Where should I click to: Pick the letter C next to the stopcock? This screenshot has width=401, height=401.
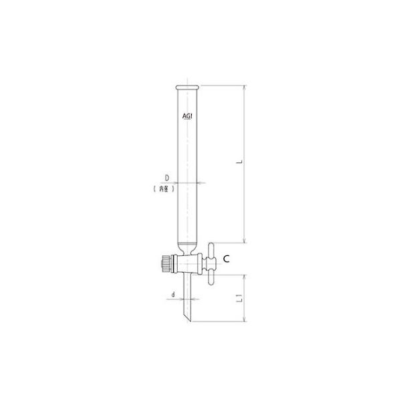click(x=227, y=257)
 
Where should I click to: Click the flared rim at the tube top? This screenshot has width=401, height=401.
click(x=187, y=88)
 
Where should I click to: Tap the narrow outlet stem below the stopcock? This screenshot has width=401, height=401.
click(x=189, y=294)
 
